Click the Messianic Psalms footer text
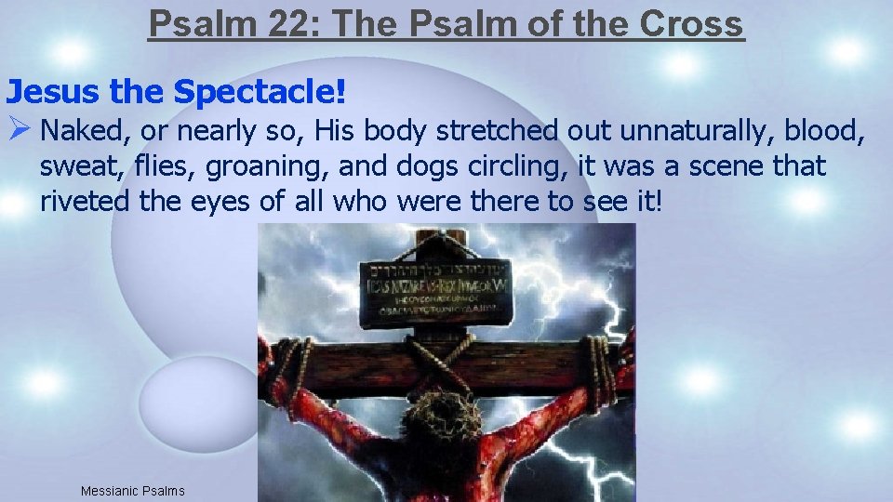[x=132, y=491]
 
